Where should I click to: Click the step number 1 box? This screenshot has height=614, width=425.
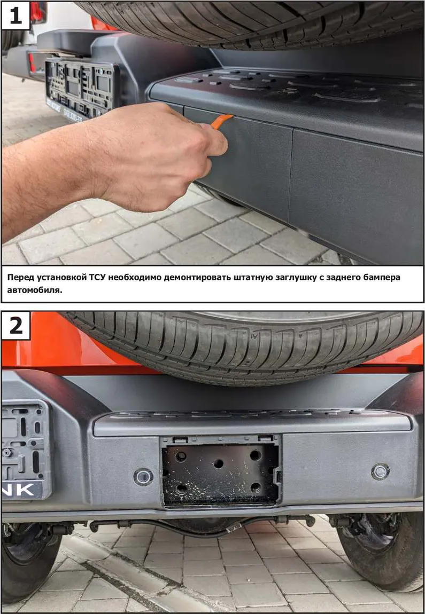pos(16,15)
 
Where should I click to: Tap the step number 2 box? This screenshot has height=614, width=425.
pos(16,326)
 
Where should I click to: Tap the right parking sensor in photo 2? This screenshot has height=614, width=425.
pos(380,471)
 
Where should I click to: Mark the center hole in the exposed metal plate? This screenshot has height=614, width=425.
pos(219,463)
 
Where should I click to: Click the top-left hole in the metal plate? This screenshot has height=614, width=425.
pos(181,456)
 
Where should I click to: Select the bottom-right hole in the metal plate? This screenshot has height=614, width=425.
pos(255,487)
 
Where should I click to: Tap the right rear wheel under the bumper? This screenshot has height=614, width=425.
pos(378,555)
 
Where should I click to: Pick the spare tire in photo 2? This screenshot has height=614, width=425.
pos(243,344)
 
